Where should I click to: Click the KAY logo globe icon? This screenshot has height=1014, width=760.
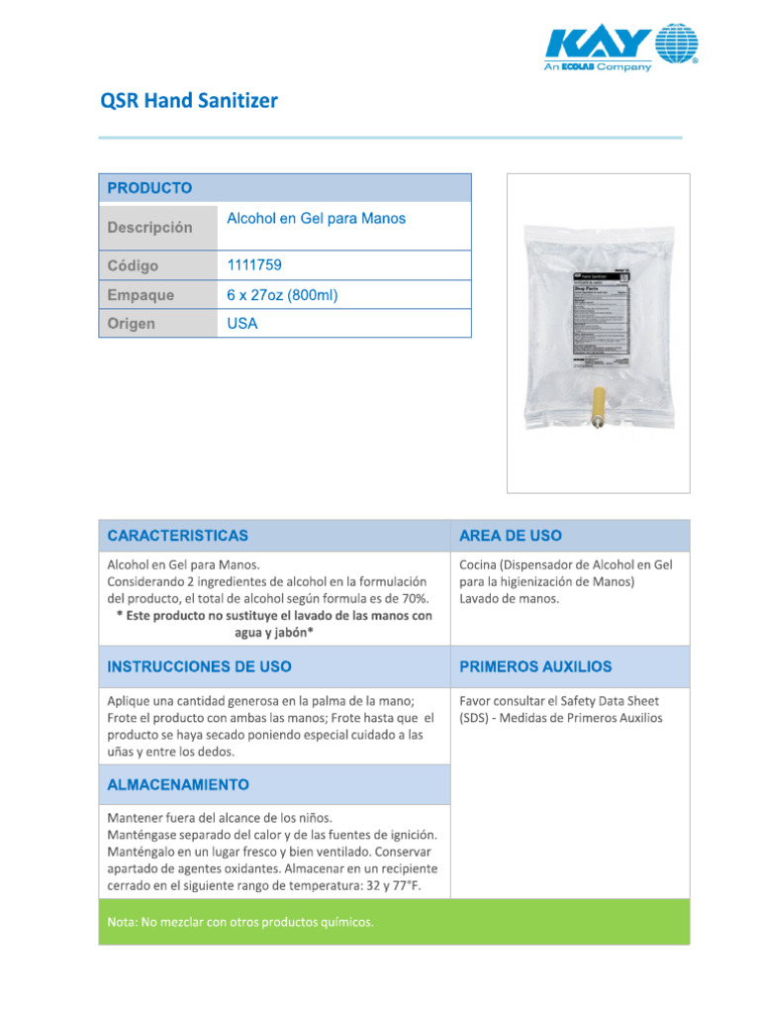point(676,44)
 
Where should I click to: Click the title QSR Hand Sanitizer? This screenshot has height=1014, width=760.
point(189,101)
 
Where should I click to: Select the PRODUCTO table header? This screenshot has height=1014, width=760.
point(149,188)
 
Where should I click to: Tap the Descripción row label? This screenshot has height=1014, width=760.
point(149,228)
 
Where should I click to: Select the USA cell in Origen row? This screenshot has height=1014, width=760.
point(242,324)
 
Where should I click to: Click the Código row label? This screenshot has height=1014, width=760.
point(133,265)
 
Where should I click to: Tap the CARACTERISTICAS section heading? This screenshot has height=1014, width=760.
point(178,536)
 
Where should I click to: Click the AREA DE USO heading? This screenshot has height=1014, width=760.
point(511,536)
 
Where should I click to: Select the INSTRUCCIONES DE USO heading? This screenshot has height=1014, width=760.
point(199,667)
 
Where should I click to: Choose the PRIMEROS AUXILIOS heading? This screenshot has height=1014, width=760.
point(535,667)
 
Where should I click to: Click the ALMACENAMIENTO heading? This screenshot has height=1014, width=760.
point(178,784)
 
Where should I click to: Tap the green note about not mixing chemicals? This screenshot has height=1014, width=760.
point(240,922)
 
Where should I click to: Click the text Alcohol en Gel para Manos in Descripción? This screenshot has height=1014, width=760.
point(316,218)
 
